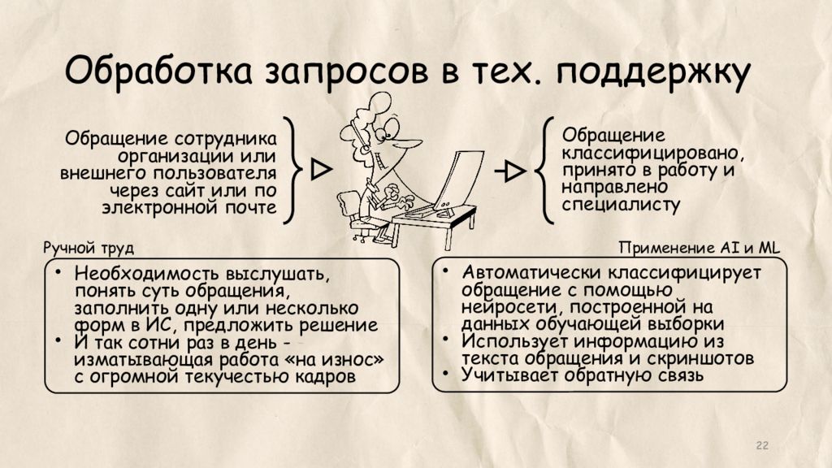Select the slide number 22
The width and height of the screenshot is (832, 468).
(x=762, y=444)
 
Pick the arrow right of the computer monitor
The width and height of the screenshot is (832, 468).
(x=511, y=171)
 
